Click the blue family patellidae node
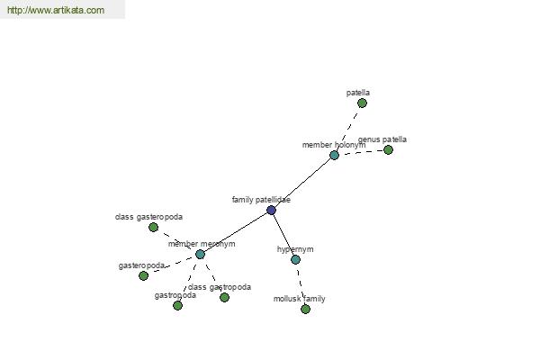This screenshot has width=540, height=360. (272, 210)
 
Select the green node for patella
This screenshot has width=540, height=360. (362, 103)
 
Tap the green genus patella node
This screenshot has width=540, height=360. (388, 150)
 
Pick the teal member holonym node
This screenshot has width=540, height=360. (334, 155)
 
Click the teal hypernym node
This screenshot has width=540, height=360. (295, 259)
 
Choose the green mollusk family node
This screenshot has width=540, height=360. (305, 309)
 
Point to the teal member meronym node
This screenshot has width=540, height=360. (200, 254)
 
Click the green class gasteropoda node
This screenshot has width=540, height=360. (153, 227)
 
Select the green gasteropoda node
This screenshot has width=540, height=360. (144, 275)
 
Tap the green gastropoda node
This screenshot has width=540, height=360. (177, 305)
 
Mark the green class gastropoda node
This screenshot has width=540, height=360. (224, 297)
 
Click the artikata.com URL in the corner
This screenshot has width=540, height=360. (56, 10)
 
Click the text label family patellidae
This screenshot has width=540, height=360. (261, 200)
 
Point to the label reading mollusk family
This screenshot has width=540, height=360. (300, 299)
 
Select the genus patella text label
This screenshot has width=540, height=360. (382, 139)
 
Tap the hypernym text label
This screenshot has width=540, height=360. (295, 249)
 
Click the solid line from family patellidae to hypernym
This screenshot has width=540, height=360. (283, 235)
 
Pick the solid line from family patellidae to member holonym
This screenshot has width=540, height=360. (302, 183)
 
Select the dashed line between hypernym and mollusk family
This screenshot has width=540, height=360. (300, 284)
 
